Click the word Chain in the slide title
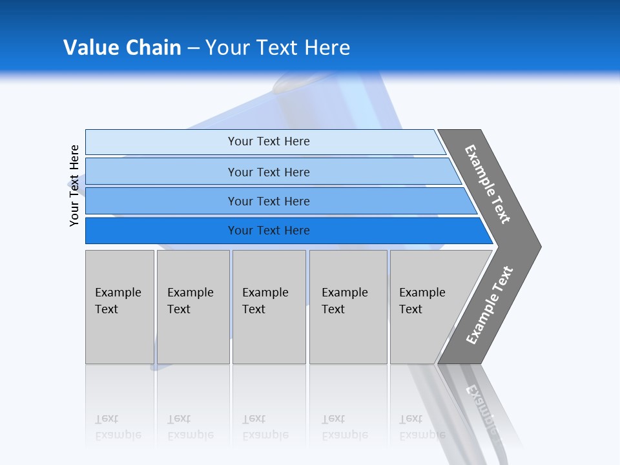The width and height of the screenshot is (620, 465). [153, 47]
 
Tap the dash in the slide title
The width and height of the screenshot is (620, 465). [193, 48]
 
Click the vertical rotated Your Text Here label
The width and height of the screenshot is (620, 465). [74, 185]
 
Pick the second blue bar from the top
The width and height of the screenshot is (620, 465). [268, 172]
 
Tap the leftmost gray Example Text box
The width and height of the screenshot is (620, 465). [119, 306]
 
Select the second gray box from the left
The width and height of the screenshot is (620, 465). [192, 306]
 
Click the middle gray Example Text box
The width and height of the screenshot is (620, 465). [269, 306]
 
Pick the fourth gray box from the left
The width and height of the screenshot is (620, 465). [348, 306]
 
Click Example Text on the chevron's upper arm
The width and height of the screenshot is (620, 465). [488, 184]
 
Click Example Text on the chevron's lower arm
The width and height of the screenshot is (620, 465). [490, 305]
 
